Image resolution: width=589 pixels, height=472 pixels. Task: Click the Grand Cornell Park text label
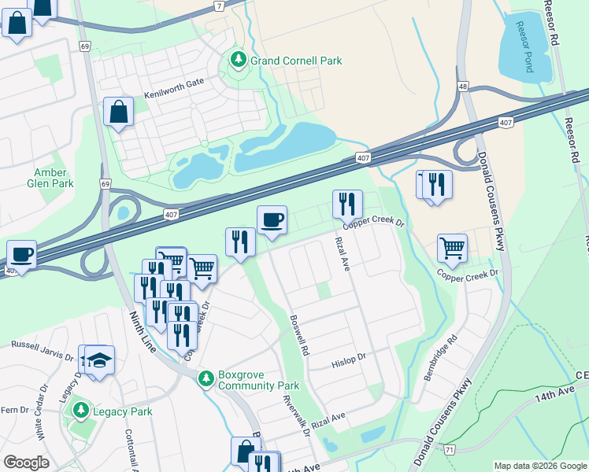(296, 61)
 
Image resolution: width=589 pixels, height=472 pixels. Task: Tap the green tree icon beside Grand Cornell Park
(237, 60)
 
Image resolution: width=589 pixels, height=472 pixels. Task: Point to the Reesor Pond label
(524, 49)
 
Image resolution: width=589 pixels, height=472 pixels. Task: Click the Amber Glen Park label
(54, 178)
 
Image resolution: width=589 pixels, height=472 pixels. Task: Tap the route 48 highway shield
(463, 87)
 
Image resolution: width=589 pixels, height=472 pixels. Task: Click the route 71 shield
(449, 449)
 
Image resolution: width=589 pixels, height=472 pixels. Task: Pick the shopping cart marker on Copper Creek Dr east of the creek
(452, 248)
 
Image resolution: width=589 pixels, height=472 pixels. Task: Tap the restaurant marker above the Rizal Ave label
(347, 204)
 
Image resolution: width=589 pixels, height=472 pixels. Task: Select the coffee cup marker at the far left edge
(21, 254)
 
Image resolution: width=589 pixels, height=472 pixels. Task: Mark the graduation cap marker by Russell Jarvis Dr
(99, 360)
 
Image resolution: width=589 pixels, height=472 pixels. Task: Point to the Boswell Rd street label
(301, 334)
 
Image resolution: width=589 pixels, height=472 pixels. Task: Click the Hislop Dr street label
(349, 360)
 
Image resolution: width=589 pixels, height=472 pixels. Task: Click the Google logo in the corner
(26, 463)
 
